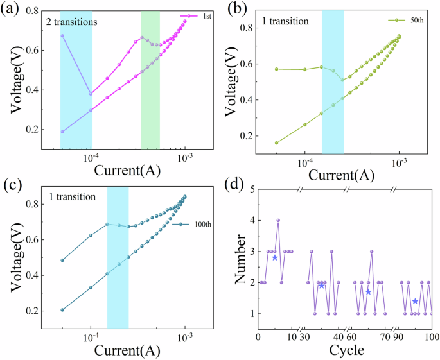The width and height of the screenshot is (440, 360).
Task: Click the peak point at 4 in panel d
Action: click(278, 220)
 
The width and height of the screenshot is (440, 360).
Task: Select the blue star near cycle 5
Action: click(275, 257)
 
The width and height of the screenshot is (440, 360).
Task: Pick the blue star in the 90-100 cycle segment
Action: click(415, 301)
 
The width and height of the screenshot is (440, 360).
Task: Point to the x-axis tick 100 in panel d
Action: click(431, 337)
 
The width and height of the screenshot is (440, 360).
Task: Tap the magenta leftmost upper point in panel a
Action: click(62, 35)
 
